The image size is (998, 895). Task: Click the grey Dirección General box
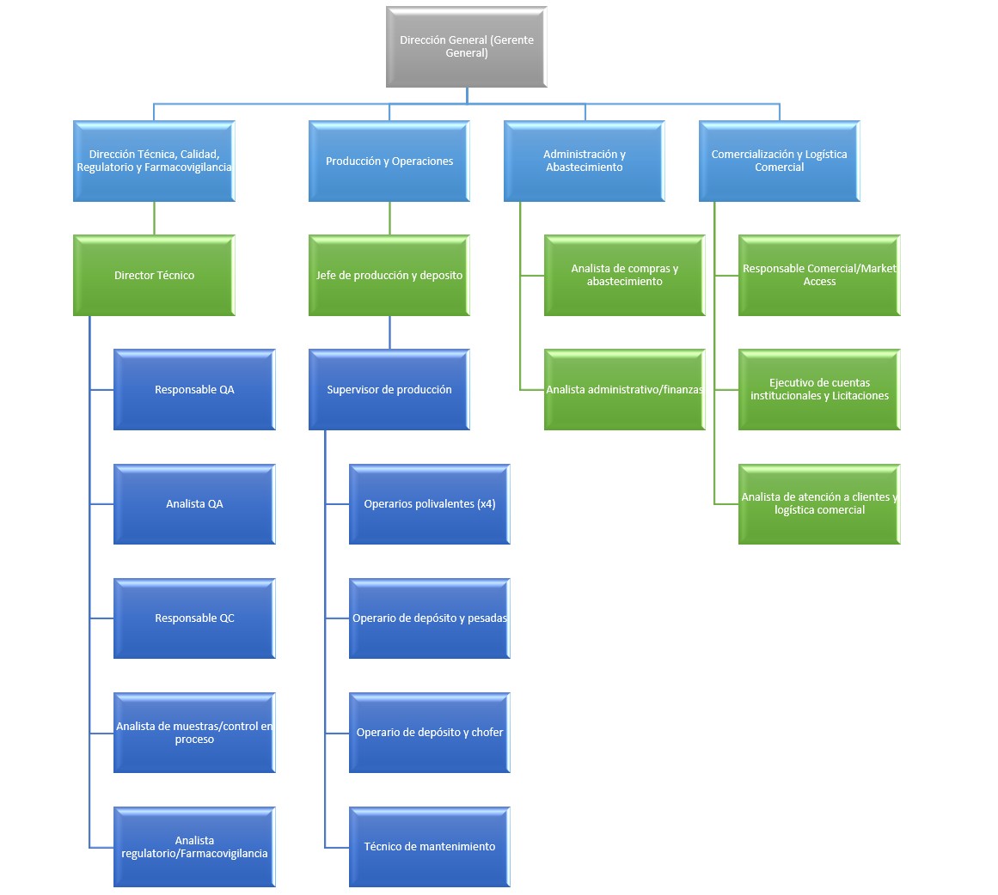point(467,46)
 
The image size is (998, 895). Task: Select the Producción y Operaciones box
point(389,161)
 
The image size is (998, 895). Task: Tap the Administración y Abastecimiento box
point(585,161)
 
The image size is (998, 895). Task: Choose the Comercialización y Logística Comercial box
point(779,161)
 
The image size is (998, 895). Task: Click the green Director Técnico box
point(154,276)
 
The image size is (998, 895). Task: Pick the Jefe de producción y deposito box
point(389,276)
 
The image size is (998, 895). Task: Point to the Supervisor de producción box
point(389,389)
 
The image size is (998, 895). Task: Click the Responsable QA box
point(194,389)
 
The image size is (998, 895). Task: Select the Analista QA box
point(194,504)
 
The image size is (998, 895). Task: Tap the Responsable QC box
point(194,618)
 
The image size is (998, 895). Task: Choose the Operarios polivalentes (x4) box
point(430,504)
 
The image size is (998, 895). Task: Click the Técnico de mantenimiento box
point(430,847)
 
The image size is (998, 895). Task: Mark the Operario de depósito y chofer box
point(430,733)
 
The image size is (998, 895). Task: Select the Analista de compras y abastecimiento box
point(624,276)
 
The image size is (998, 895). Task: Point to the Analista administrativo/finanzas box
point(624,389)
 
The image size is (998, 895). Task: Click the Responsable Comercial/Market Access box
point(819,276)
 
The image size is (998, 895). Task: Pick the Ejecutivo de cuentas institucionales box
point(819,389)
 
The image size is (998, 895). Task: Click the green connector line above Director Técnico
point(154,218)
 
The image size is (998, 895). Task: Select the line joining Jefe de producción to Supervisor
point(389,332)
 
